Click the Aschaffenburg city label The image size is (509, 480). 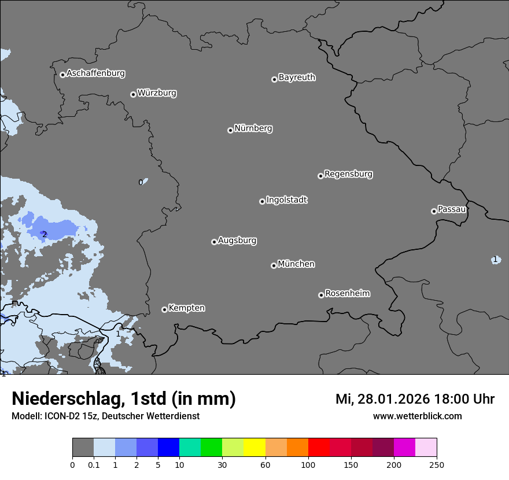95,73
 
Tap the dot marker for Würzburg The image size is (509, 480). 133,94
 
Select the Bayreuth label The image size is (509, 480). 297,77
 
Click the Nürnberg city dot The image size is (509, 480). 230,130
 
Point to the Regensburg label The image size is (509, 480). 348,174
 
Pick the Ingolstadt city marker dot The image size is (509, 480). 262,201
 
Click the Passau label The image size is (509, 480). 452,209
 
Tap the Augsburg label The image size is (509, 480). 237,241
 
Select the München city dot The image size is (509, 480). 274,265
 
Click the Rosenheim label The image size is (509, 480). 347,294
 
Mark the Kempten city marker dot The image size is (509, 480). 164,309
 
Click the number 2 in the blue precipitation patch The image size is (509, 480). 44,234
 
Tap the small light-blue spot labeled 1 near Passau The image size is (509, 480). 495,260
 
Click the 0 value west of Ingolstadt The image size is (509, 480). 141,182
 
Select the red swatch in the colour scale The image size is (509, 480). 319,448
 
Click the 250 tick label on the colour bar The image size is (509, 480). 437,464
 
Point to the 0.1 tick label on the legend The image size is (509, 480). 94,464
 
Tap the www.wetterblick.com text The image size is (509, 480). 417,416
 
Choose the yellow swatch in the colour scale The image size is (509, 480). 254,448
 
